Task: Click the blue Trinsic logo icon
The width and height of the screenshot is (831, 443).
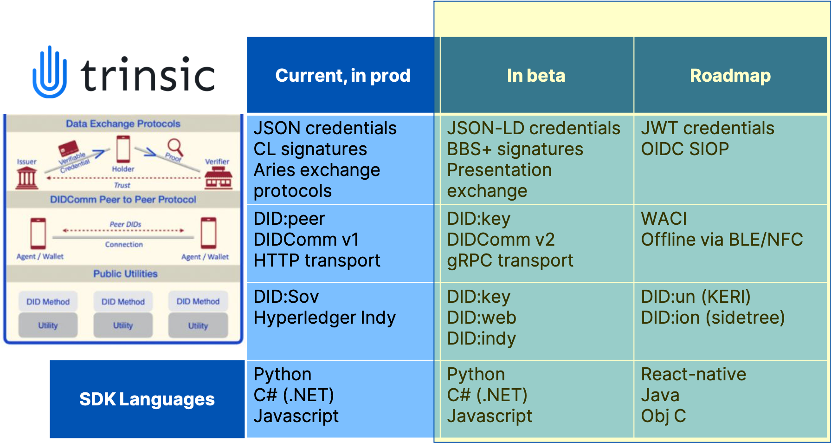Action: [x=50, y=73]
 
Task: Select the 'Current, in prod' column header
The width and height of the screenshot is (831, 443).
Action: [x=342, y=75]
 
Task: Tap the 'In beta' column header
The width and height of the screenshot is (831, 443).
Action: [x=536, y=75]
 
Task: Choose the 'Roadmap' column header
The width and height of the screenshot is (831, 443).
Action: [x=730, y=75]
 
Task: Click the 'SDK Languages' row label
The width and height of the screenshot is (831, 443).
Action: [x=147, y=399]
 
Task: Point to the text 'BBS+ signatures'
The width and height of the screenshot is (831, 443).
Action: [x=515, y=149]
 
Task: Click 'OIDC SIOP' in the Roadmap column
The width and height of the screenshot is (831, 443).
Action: [x=685, y=149]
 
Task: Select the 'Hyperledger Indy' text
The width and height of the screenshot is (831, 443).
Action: [x=325, y=318]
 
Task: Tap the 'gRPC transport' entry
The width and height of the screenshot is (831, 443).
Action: [x=510, y=261]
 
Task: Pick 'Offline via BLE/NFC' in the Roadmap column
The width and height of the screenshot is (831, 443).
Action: [x=721, y=240]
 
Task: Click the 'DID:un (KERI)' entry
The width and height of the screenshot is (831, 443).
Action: [x=696, y=297]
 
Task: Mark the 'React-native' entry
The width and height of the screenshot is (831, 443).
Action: [x=693, y=374]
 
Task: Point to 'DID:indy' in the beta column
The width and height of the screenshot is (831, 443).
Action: [x=481, y=339]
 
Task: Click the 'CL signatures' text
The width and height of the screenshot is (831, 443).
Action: [x=310, y=149]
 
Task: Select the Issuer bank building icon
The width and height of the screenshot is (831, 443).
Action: [x=27, y=178]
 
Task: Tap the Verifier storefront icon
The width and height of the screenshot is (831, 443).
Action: [x=218, y=178]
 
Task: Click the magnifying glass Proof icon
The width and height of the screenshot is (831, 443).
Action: [x=175, y=147]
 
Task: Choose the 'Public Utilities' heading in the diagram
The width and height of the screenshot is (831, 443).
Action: [x=125, y=274]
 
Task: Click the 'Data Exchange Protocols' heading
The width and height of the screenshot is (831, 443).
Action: [x=123, y=124]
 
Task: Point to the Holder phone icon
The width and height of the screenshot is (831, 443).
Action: [x=123, y=149]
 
